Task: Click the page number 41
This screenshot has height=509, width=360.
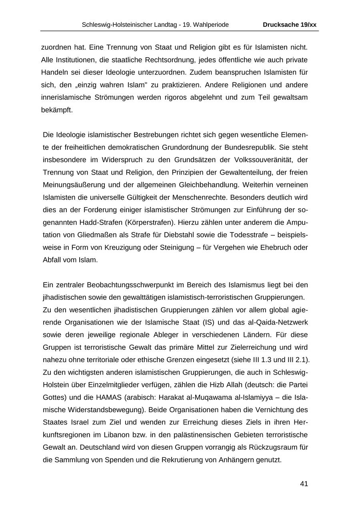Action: (304, 484)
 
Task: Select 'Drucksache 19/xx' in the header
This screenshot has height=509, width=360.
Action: (290, 25)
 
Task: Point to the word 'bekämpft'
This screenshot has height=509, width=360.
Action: (57, 110)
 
